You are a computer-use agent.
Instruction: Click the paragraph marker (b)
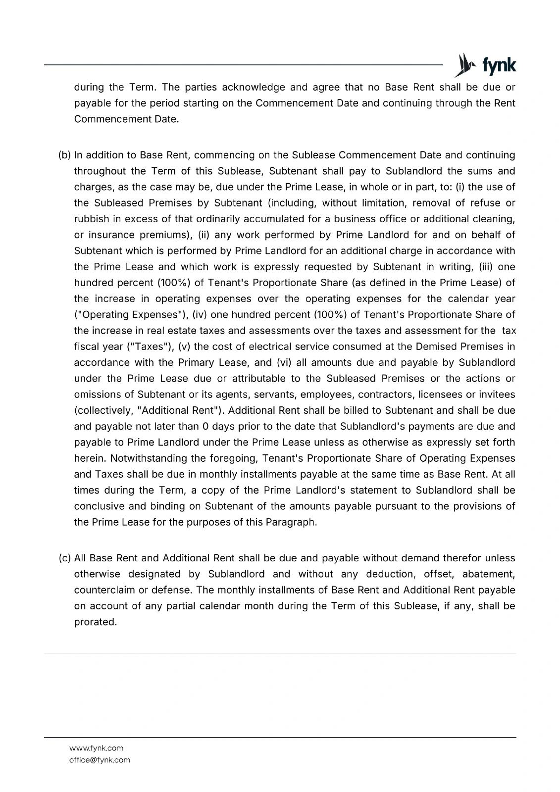tap(64, 155)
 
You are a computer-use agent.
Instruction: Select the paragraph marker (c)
tap(64, 558)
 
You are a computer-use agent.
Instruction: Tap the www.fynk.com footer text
tap(96, 748)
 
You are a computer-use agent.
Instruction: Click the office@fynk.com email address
tap(100, 760)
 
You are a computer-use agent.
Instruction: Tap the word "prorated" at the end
tap(95, 622)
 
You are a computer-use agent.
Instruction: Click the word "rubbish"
tap(91, 219)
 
